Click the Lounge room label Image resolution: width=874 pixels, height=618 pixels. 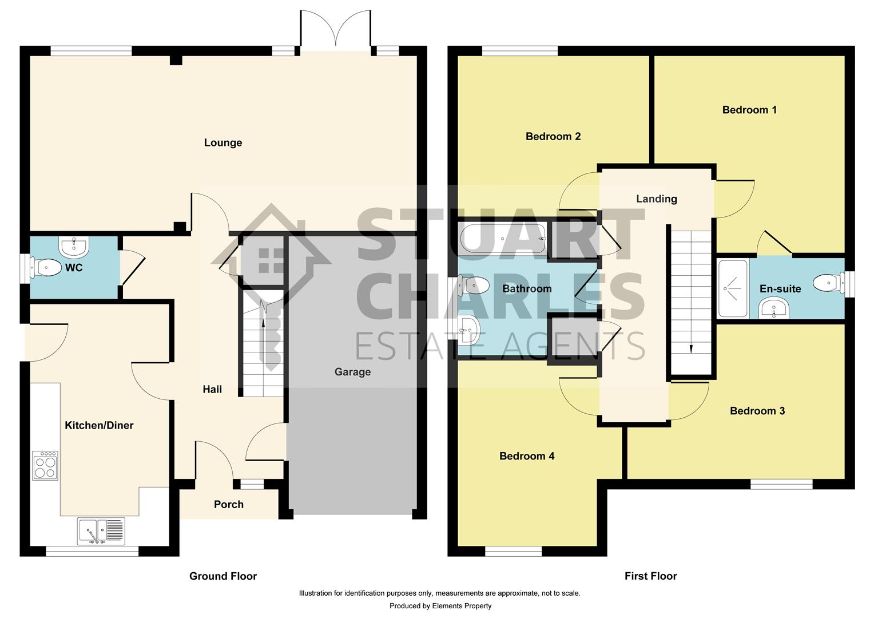pyautogui.click(x=223, y=142)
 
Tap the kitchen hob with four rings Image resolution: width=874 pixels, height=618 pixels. pyautogui.click(x=45, y=465)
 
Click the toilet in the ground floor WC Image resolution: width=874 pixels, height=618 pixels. pyautogui.click(x=46, y=267)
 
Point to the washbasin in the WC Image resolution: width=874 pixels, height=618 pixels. pyautogui.click(x=74, y=247)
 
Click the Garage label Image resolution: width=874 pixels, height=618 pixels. pyautogui.click(x=352, y=372)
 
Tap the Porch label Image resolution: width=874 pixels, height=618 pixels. pyautogui.click(x=229, y=504)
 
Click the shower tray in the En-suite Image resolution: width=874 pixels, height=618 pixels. pyautogui.click(x=732, y=289)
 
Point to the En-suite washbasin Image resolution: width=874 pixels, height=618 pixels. pyautogui.click(x=774, y=310)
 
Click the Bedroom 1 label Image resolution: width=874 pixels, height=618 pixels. pyautogui.click(x=749, y=110)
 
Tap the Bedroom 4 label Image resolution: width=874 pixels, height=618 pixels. pyautogui.click(x=527, y=456)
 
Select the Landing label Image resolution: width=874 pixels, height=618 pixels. pyautogui.click(x=657, y=199)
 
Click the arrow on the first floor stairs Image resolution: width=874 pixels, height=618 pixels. pyautogui.click(x=691, y=347)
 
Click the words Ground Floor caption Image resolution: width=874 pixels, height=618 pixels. pyautogui.click(x=223, y=576)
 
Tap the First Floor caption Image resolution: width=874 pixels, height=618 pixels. pyautogui.click(x=650, y=576)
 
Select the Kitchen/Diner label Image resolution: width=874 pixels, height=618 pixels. pyautogui.click(x=99, y=425)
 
